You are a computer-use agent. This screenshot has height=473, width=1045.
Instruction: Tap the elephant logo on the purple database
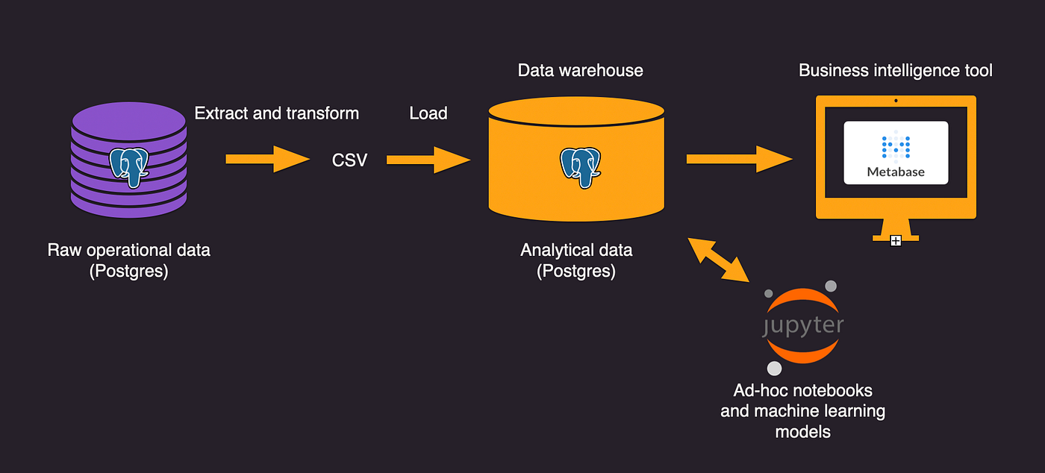coord(128,166)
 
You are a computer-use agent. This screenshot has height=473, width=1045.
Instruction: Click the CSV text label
coord(349,160)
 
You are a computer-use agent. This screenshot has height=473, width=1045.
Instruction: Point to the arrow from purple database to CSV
coord(267,159)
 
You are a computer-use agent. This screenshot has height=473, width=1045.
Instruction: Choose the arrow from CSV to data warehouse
coord(428,159)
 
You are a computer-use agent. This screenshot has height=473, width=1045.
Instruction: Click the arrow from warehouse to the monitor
coord(738,159)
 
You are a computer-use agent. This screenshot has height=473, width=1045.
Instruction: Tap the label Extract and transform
coord(277,113)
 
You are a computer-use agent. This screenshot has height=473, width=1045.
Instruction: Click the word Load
coord(428,113)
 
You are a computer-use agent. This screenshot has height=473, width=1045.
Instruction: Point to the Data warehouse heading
coord(580,71)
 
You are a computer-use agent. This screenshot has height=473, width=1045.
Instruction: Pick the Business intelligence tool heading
coord(896,71)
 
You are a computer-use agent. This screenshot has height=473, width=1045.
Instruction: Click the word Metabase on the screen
coord(896,172)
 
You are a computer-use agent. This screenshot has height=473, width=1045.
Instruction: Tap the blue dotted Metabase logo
coord(896,146)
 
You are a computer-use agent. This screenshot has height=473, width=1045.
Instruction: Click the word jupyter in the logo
coord(803,326)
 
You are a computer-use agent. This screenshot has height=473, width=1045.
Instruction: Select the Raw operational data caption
coord(129,260)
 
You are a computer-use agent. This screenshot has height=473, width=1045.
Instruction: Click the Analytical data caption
coord(576,260)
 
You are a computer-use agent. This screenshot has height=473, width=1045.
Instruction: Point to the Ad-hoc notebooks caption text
coord(802,410)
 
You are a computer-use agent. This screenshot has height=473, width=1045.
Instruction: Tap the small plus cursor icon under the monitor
coord(896,240)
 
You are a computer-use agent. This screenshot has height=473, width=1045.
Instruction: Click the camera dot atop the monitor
coord(896,101)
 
